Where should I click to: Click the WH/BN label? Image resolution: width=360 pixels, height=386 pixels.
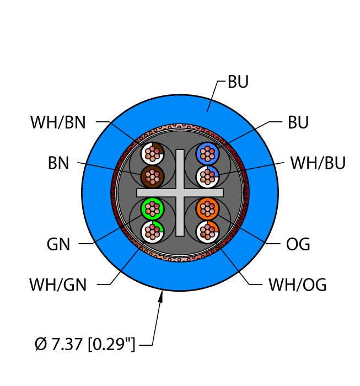58,122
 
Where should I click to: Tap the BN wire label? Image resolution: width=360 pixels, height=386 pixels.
58,163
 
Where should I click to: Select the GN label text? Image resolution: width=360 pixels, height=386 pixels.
58,244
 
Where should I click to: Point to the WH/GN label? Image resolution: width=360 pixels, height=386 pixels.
58,285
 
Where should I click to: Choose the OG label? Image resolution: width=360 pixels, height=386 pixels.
299,244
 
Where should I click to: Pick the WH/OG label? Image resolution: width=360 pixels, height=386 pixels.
298,285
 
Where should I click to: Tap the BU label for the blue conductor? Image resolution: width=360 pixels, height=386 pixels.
298,122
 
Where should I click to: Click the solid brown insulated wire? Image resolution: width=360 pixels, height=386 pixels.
152,176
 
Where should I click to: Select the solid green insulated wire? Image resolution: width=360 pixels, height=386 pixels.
152,208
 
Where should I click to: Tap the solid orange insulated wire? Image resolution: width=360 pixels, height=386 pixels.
207,208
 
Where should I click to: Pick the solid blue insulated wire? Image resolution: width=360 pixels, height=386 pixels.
207,152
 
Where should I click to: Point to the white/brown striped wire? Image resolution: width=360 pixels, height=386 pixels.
152,152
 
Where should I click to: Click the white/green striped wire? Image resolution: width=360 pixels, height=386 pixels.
152,232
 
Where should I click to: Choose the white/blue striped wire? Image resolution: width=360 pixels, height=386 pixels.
207,176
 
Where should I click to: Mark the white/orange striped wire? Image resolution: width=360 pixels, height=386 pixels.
207,232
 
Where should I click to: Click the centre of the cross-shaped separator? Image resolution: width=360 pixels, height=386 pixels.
180,192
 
